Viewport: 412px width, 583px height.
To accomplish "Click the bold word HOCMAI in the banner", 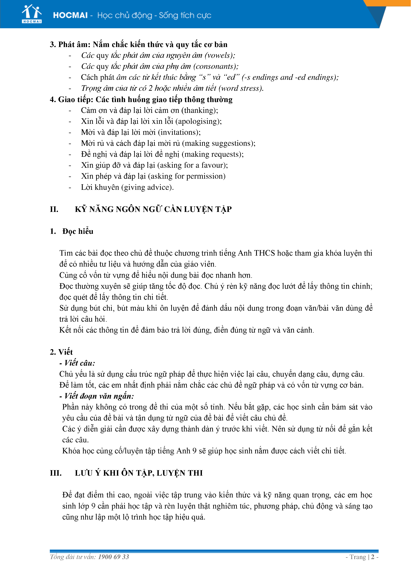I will [x=70, y=15].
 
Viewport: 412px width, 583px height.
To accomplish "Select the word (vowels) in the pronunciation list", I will [x=220, y=55].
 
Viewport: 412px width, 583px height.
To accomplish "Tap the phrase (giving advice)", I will [x=147, y=187].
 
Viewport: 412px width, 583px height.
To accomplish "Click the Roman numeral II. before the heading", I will [x=54, y=209].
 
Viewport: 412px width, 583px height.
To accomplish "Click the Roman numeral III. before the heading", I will [x=56, y=473].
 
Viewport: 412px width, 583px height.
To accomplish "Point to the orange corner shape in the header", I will [x=391, y=3].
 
